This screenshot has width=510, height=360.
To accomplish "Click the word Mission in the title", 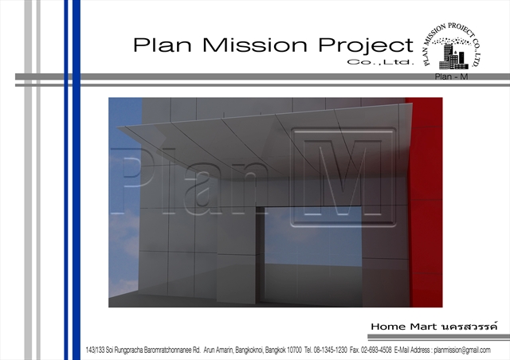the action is pos(255,45).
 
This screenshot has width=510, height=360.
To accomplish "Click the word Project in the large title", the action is pos(366,46).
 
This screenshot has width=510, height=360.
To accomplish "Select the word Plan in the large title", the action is pos(162,45).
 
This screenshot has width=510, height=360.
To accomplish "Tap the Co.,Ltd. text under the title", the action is pos(380,62).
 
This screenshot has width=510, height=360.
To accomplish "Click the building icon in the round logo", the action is pos(454,57).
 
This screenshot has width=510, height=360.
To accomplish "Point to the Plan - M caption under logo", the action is pos(451,76).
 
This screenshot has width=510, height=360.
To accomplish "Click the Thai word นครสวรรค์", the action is pos(469,326).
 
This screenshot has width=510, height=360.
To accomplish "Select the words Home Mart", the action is pos(405,327).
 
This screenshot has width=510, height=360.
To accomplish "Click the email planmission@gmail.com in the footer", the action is pos(462,350).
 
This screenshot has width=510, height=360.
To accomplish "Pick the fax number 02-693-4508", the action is pos(376,350).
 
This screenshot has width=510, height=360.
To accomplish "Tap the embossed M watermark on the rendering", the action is pos(343,178).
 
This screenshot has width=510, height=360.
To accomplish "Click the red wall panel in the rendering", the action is pos(426,202).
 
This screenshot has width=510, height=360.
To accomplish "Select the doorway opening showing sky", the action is pos(313,236).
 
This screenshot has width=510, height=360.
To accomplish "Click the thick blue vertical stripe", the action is pos(76,180).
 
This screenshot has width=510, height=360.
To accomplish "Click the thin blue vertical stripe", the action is pos(66,180).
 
